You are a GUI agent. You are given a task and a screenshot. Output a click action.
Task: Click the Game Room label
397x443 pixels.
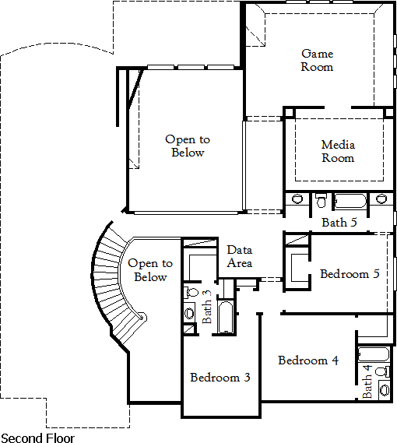318,60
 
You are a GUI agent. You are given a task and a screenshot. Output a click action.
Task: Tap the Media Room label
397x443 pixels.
338,151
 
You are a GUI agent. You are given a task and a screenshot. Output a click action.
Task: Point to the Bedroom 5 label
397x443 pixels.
350,274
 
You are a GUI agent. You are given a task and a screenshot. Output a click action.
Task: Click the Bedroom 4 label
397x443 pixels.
308,360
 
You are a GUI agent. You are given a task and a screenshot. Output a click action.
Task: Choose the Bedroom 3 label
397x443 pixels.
220,378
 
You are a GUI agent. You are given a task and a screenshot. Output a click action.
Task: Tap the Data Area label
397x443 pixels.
239,256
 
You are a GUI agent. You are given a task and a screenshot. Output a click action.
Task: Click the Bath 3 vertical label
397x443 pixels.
207,307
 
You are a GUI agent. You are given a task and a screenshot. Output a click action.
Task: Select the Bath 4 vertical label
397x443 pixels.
367,381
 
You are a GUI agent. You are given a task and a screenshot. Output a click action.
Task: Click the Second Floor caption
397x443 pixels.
38,438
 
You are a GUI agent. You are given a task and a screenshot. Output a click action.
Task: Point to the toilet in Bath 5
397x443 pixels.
321,202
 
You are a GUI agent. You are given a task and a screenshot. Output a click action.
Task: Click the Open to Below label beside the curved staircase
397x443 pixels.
150,270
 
